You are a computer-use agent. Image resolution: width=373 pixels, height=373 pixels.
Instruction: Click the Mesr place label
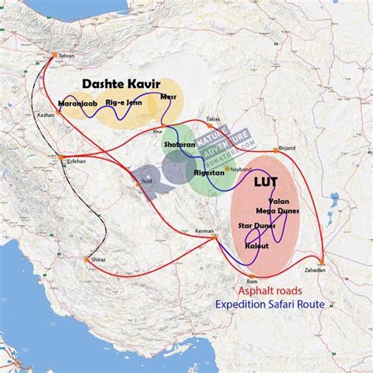pyautogui.click(x=168, y=98)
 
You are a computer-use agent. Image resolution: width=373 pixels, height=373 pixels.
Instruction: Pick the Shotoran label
pyautogui.click(x=179, y=146)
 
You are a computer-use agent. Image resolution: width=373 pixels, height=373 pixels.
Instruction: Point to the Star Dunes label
pyautogui.click(x=255, y=227)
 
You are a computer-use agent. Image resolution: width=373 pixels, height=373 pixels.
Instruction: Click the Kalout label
pyautogui.click(x=257, y=246)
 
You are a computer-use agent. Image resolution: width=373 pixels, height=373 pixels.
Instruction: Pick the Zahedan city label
pyautogui.click(x=322, y=269)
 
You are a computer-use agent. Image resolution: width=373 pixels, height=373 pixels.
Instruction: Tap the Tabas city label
pyautogui.click(x=214, y=119)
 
